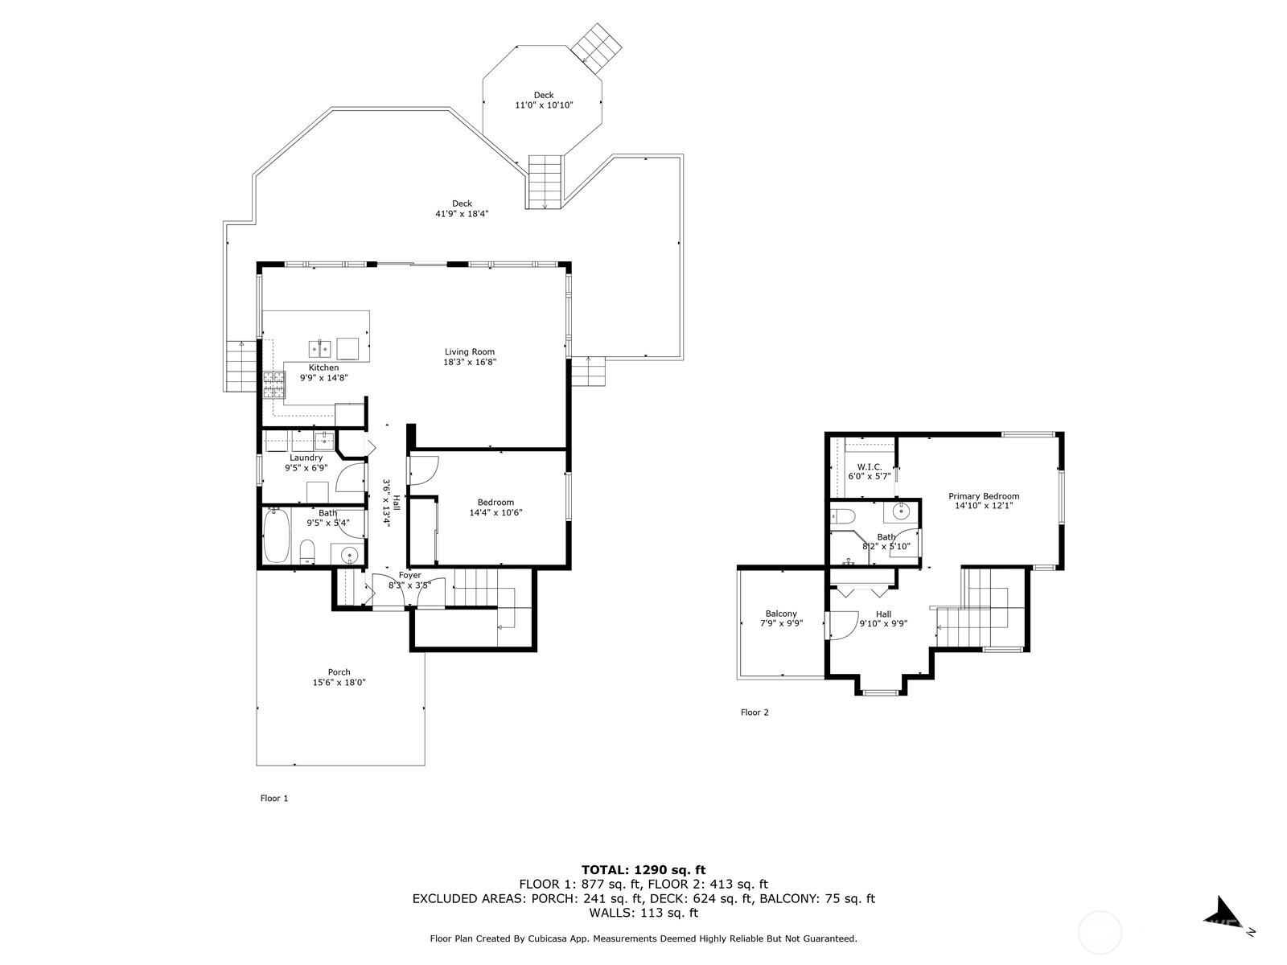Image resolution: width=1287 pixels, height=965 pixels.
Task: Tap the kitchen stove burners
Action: (274, 385)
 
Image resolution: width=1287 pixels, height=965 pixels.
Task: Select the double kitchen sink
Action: (320, 348)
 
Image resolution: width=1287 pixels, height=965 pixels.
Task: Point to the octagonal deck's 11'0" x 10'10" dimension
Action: (544, 105)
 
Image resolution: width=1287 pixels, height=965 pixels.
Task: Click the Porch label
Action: (339, 672)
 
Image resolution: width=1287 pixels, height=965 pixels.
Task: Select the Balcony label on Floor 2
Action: (781, 614)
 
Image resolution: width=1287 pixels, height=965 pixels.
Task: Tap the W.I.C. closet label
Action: (870, 466)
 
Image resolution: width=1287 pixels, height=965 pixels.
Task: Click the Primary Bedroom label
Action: (983, 496)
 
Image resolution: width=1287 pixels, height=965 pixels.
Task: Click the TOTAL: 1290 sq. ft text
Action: (643, 869)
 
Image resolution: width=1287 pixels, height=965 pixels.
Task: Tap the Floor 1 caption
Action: (273, 799)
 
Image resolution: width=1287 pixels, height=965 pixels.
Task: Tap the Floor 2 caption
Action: (755, 712)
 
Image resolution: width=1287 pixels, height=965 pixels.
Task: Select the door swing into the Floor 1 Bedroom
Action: (424, 470)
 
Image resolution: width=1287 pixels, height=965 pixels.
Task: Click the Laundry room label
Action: (306, 458)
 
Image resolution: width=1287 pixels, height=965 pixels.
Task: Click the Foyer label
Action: (410, 575)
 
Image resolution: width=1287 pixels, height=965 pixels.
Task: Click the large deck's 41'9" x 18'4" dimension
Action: (462, 214)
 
